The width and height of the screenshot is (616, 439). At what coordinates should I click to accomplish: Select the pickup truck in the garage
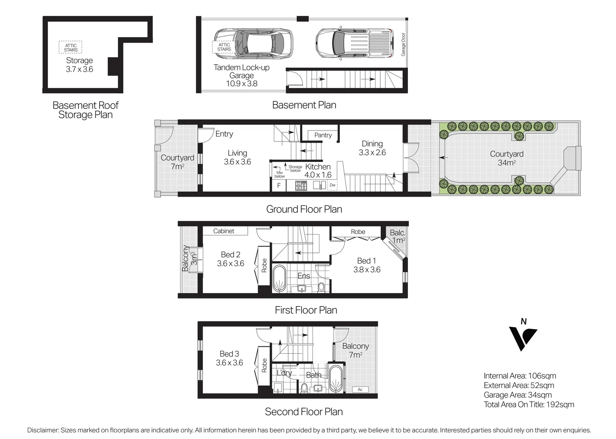click(x=354, y=43)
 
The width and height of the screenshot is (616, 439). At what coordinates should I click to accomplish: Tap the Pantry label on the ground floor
click(x=323, y=135)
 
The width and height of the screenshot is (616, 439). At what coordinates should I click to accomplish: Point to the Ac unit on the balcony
click(x=360, y=389)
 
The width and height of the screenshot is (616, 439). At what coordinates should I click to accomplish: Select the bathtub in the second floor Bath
click(x=336, y=379)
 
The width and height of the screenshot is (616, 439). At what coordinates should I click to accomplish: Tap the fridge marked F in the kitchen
click(x=279, y=186)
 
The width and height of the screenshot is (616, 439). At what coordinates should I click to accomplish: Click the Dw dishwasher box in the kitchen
click(x=332, y=185)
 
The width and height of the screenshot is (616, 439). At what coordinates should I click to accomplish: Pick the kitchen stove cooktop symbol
click(x=301, y=186)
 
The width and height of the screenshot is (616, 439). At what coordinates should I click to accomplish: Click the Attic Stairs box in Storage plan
click(x=71, y=48)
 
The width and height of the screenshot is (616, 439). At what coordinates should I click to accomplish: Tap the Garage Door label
click(x=403, y=44)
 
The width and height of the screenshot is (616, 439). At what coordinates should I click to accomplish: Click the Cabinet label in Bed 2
click(x=223, y=231)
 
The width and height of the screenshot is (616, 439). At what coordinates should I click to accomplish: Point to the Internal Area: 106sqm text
click(x=520, y=376)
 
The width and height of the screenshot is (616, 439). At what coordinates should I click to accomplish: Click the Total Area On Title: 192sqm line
click(x=529, y=404)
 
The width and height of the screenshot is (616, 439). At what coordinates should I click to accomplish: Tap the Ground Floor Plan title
click(x=304, y=209)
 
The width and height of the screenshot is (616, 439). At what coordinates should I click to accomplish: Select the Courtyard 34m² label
click(x=506, y=158)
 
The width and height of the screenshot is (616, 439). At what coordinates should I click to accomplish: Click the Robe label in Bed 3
click(x=264, y=365)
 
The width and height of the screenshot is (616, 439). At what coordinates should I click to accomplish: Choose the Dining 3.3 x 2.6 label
click(x=372, y=148)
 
